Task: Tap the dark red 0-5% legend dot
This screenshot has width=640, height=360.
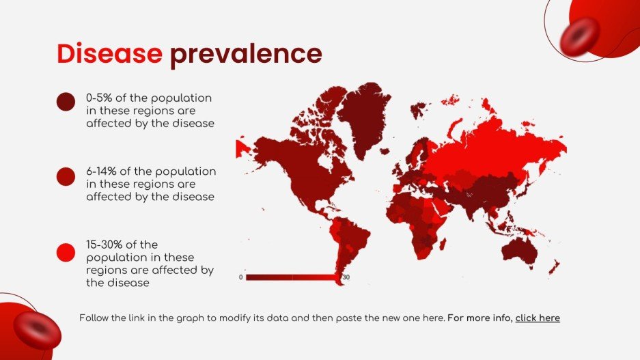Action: [66, 102]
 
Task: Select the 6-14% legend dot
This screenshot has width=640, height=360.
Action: [66, 176]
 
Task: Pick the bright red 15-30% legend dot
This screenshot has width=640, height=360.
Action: [66, 252]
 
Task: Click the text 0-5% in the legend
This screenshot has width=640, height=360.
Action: [99, 98]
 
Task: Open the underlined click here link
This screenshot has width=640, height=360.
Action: [538, 318]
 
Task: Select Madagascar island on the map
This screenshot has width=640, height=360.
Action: [442, 243]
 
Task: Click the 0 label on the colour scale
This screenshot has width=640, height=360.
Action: [240, 277]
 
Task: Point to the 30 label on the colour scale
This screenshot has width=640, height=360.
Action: [346, 277]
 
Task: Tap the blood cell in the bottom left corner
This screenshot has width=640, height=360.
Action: [37, 330]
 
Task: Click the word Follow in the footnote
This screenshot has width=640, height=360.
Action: [94, 318]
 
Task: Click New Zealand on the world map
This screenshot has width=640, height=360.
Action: [555, 266]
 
